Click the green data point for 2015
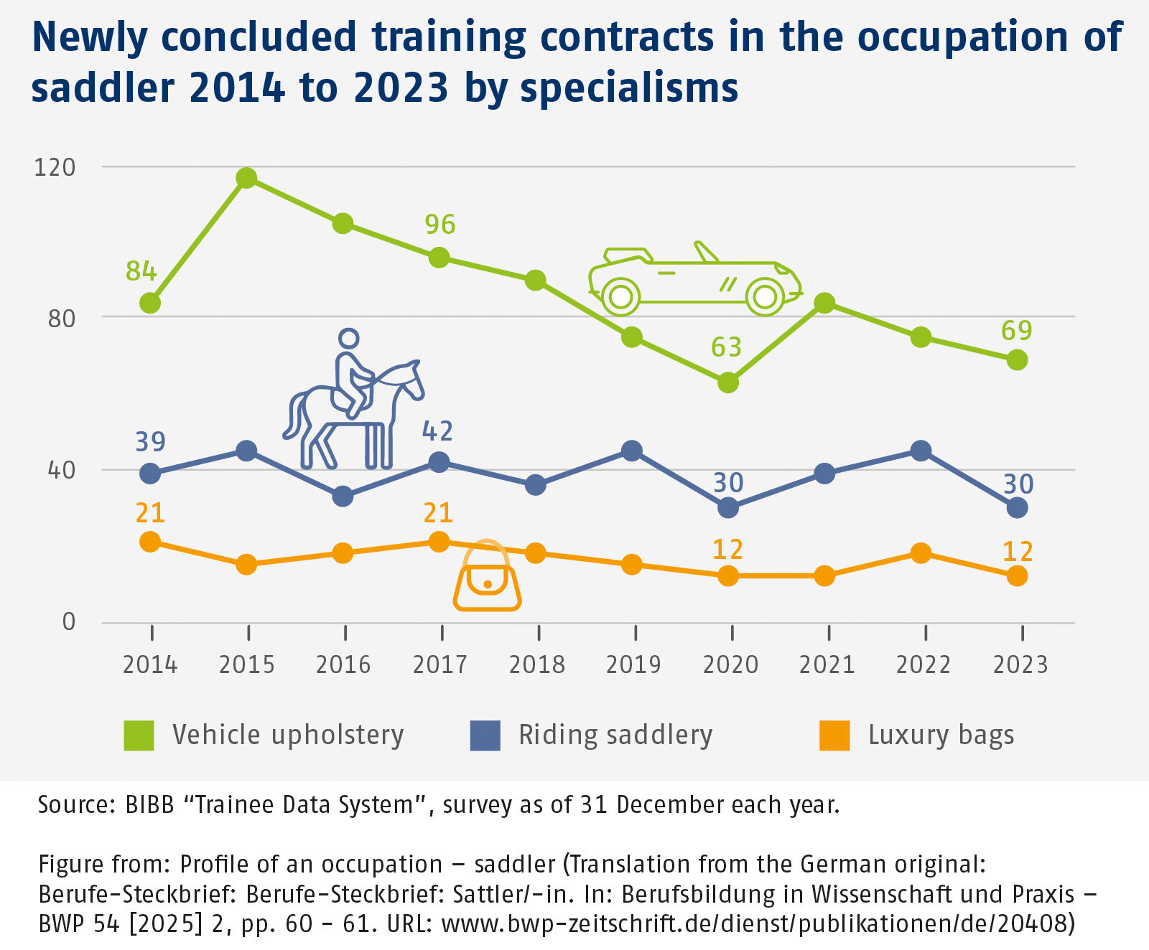[246, 178]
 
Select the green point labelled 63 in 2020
[728, 382]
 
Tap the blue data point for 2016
[343, 496]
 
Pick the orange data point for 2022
[921, 553]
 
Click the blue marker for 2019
[632, 451]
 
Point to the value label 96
[439, 225]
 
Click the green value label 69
[1017, 331]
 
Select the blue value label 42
[437, 431]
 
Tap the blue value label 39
[150, 442]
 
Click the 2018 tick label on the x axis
[536, 665]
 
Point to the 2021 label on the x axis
[827, 665]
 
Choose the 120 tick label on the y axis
[55, 167]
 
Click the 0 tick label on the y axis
[68, 621]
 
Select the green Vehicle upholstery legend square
[139, 735]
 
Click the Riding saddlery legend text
[615, 735]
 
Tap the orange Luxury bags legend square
[834, 735]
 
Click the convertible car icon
[694, 281]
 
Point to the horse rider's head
[349, 339]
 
